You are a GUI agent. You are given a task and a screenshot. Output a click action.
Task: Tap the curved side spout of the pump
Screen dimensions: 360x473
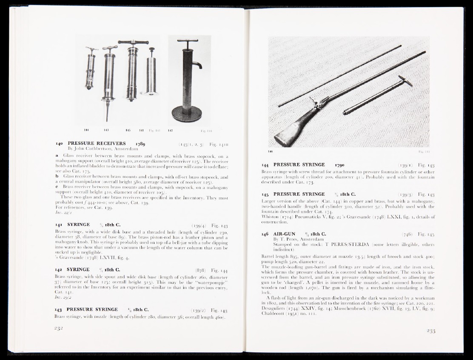pyautogui.click(x=198, y=64)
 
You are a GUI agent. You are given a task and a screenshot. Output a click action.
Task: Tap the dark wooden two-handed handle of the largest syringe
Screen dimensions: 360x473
pyautogui.click(x=134, y=42)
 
